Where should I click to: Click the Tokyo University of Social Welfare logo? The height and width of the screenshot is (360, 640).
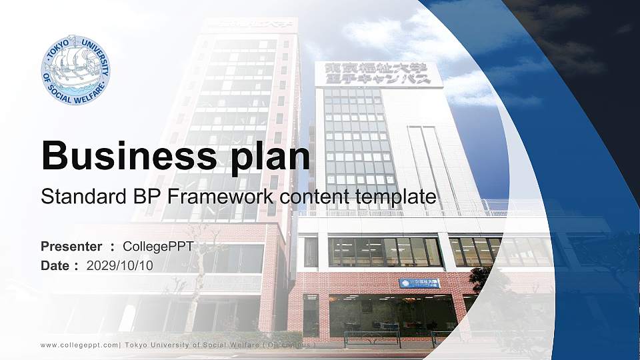(x=75, y=70)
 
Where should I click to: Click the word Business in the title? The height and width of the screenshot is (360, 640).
(x=124, y=156)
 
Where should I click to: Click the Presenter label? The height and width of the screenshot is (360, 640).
(x=71, y=247)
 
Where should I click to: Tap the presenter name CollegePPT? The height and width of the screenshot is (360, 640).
(x=159, y=247)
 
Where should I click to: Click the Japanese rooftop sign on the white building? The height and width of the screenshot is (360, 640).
(x=374, y=73)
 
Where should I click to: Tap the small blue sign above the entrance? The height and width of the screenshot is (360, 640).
(x=419, y=283)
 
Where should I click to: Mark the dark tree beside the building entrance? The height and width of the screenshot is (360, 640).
(x=481, y=280)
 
